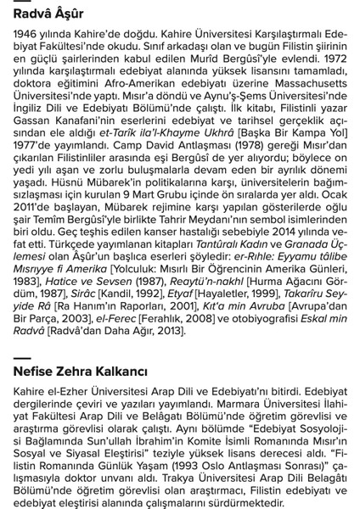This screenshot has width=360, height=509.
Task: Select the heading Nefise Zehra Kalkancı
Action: (81, 372)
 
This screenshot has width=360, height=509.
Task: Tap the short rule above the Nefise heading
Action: (21, 358)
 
